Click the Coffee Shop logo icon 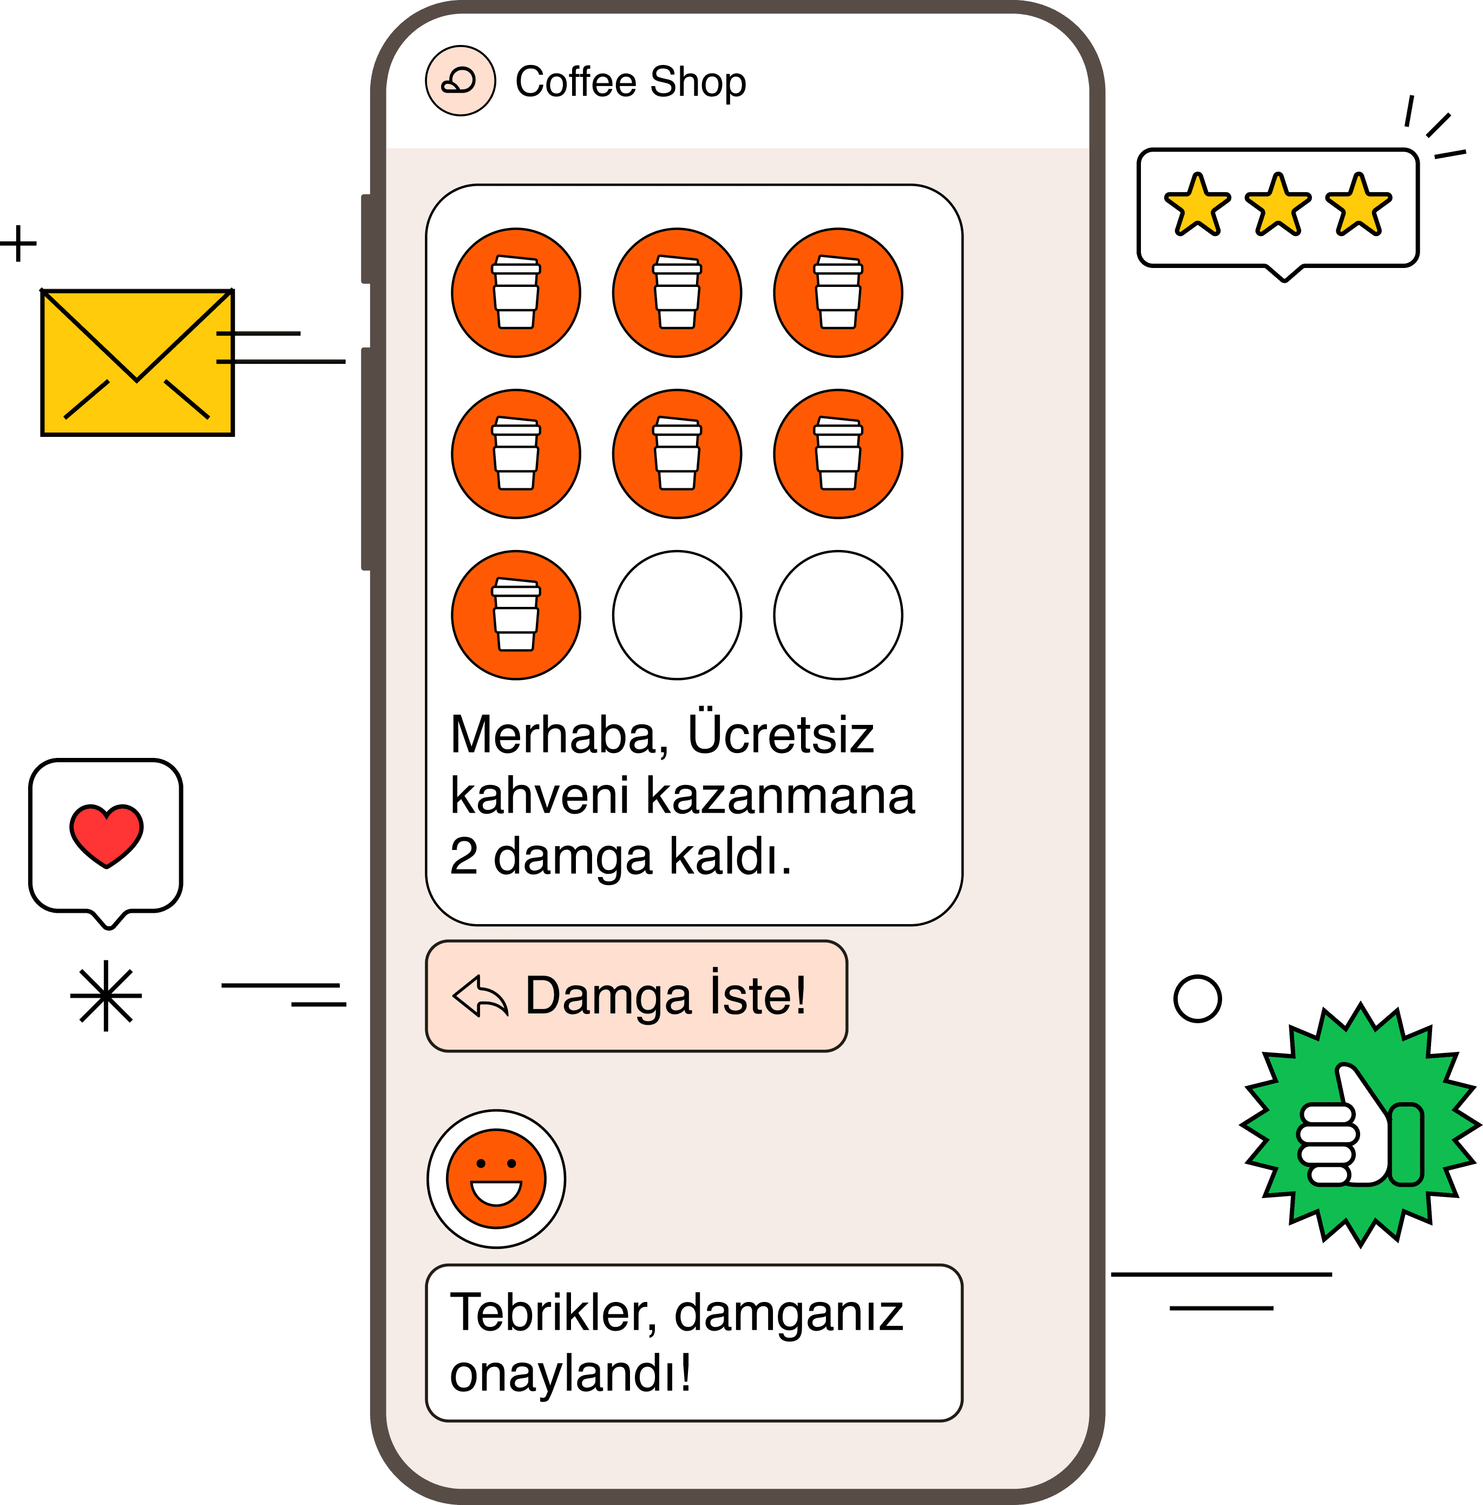tap(460, 81)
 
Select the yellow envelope tap(137, 362)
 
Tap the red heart tap(107, 836)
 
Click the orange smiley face tap(496, 1179)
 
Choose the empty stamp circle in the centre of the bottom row tap(677, 616)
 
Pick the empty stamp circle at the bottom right tap(838, 616)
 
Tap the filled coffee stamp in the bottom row tap(516, 616)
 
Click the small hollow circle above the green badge tap(1197, 999)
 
